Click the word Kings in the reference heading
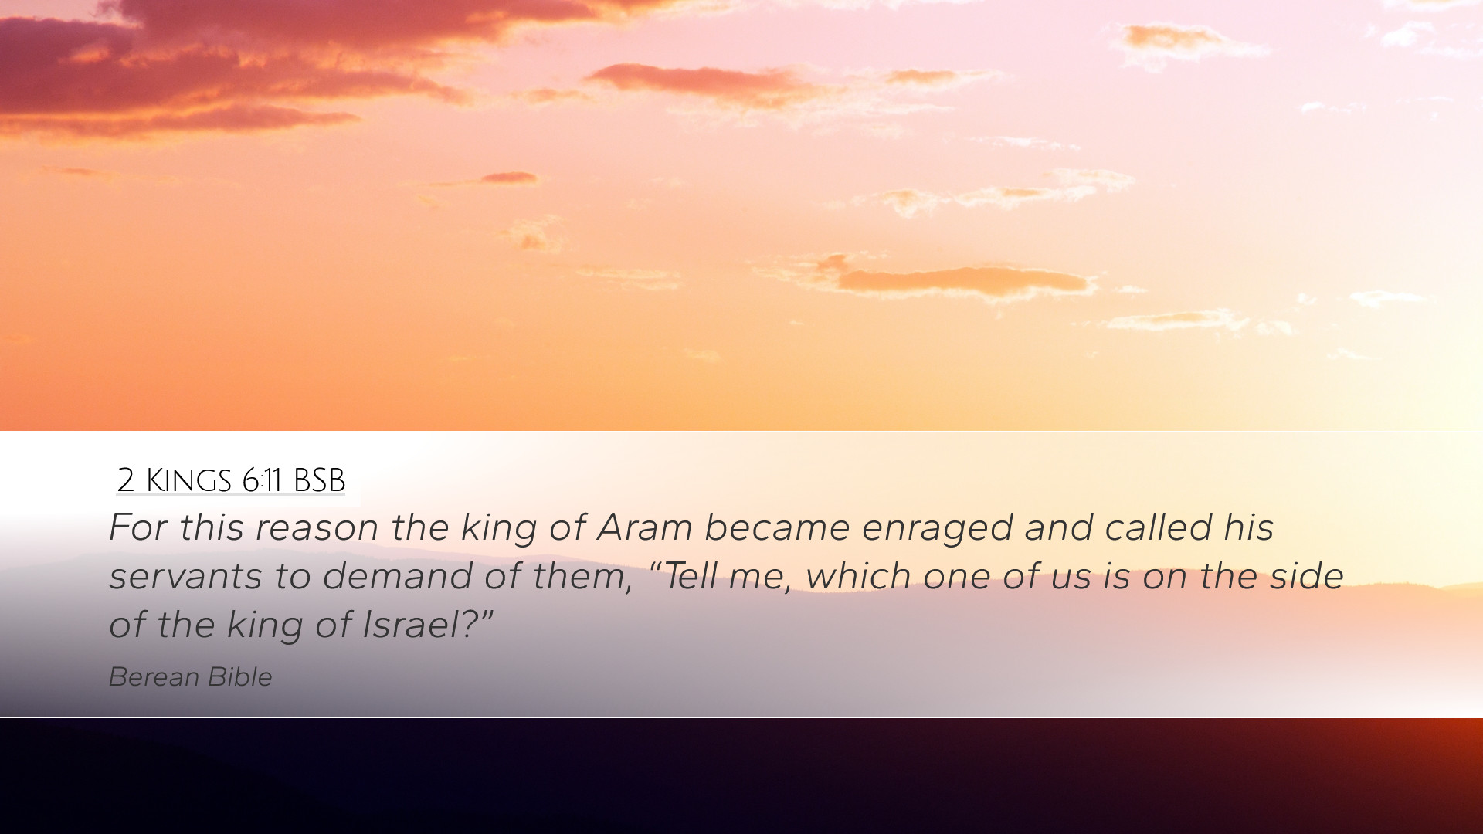tap(188, 480)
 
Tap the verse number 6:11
tap(262, 480)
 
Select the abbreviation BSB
tap(319, 480)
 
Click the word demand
tap(398, 576)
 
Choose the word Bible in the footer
tap(239, 677)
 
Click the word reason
tap(317, 528)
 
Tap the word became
tap(777, 527)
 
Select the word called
tap(1159, 527)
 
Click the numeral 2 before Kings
tap(126, 480)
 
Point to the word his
tap(1248, 527)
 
